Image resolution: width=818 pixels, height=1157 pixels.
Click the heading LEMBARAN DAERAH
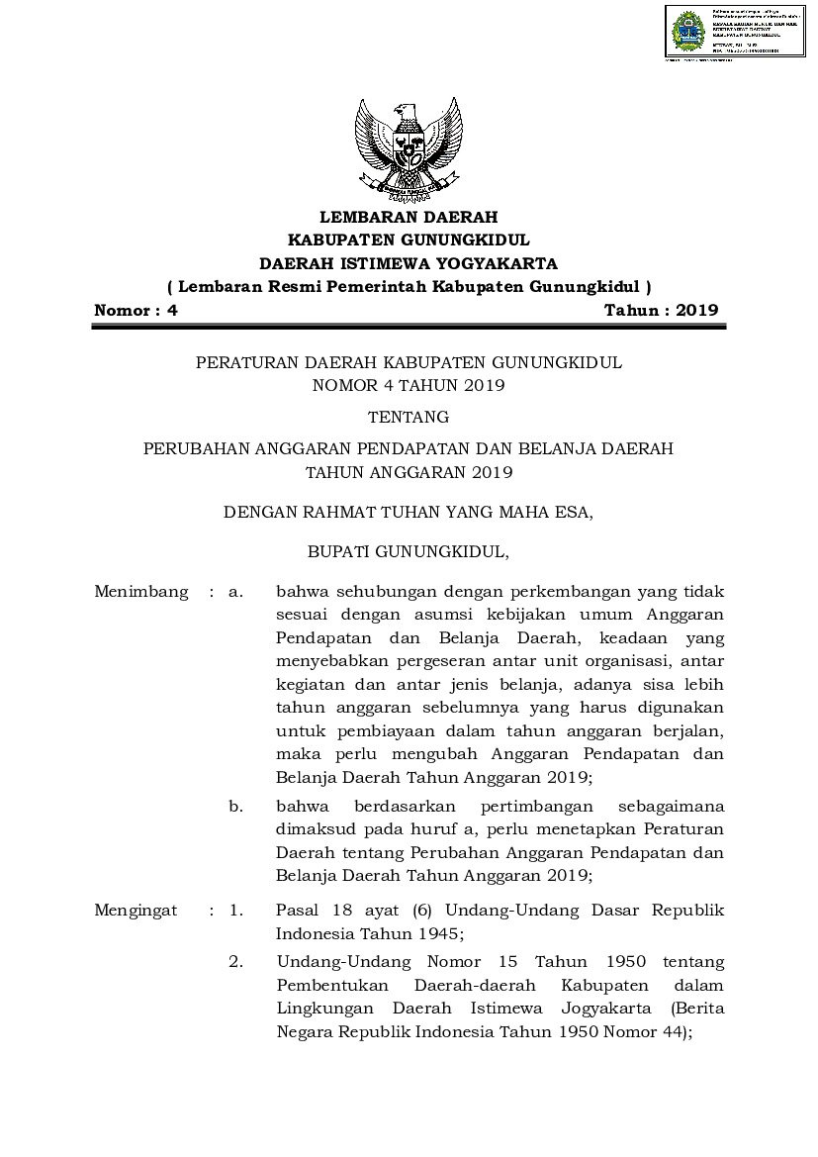(x=409, y=217)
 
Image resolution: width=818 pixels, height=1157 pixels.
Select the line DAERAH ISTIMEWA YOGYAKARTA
(x=409, y=263)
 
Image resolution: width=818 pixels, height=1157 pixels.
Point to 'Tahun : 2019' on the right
(x=661, y=310)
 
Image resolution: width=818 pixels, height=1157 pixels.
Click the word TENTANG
(x=409, y=417)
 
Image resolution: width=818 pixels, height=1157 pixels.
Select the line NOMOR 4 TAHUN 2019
(x=409, y=385)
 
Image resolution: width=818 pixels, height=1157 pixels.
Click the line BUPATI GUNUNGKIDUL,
(x=409, y=549)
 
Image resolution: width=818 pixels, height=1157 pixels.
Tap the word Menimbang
(x=140, y=592)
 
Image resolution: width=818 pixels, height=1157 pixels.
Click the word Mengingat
(x=136, y=910)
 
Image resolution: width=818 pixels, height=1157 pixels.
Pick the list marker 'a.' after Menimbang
(x=235, y=592)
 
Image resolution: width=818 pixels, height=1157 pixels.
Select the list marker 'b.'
(x=235, y=807)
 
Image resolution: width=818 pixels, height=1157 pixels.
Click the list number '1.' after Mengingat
(x=235, y=910)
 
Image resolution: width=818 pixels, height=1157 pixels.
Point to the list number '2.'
(x=235, y=962)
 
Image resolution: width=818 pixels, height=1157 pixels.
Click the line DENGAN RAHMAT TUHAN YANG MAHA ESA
(x=409, y=513)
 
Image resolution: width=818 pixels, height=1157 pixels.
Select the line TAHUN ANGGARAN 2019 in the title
(x=409, y=472)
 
